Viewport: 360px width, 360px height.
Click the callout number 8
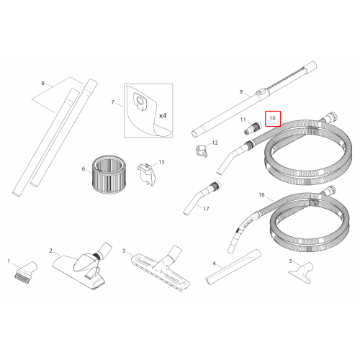coord(42,83)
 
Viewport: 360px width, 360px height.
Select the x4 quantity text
coord(163,116)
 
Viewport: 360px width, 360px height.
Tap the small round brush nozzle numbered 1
coord(25,271)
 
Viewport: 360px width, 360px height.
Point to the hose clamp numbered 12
coord(202,151)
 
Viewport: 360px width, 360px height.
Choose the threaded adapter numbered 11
coord(253,128)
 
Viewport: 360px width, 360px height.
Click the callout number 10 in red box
coord(272,118)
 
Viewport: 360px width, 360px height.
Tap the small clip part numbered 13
coord(147,174)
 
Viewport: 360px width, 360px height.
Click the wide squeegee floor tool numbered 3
coord(161,268)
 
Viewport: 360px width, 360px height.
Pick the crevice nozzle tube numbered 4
coord(233,267)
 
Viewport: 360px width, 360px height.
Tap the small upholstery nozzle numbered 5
coord(302,273)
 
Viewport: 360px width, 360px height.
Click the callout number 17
coord(206,209)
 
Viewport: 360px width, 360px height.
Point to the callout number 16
coord(261,194)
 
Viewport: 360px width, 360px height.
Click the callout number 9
coord(241,91)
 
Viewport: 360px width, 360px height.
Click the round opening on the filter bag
coord(139,100)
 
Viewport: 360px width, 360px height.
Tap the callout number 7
coord(112,102)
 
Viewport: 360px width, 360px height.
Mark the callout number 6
coord(84,168)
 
